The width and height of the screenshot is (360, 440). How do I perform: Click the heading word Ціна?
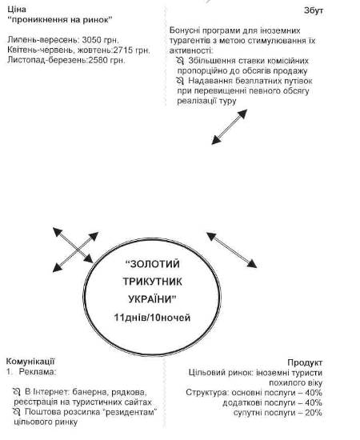(17, 10)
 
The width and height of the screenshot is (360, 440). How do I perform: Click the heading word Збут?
(314, 10)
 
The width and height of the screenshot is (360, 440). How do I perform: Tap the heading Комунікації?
(30, 361)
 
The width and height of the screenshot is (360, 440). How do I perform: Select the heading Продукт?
(305, 362)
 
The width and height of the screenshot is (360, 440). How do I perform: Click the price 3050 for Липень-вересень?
(91, 40)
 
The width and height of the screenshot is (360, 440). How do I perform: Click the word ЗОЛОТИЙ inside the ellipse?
(152, 264)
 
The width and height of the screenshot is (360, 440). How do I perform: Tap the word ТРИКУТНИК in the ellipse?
(152, 282)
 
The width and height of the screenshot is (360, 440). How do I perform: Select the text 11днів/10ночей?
(152, 318)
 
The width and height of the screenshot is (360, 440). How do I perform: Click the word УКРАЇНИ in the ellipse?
(152, 299)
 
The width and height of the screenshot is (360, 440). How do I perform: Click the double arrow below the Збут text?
(230, 127)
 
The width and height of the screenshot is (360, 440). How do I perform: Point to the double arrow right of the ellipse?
(232, 250)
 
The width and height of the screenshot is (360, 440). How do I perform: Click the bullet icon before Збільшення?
(180, 61)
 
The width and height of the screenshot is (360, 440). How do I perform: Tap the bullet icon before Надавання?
(180, 81)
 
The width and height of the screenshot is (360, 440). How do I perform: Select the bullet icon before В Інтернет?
(17, 392)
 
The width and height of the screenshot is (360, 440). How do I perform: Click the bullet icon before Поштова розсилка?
(17, 412)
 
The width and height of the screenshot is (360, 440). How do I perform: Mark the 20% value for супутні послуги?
(314, 413)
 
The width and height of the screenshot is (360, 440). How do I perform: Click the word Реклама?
(37, 372)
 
